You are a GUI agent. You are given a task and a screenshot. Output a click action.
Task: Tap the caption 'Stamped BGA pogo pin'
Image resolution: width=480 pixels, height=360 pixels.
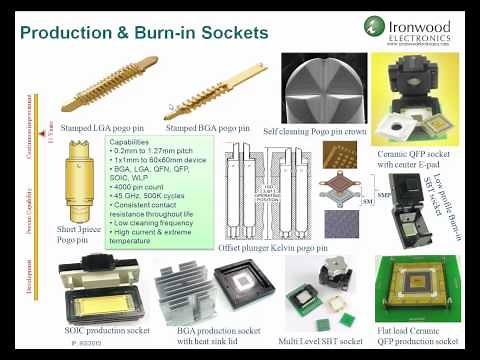(207, 128)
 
